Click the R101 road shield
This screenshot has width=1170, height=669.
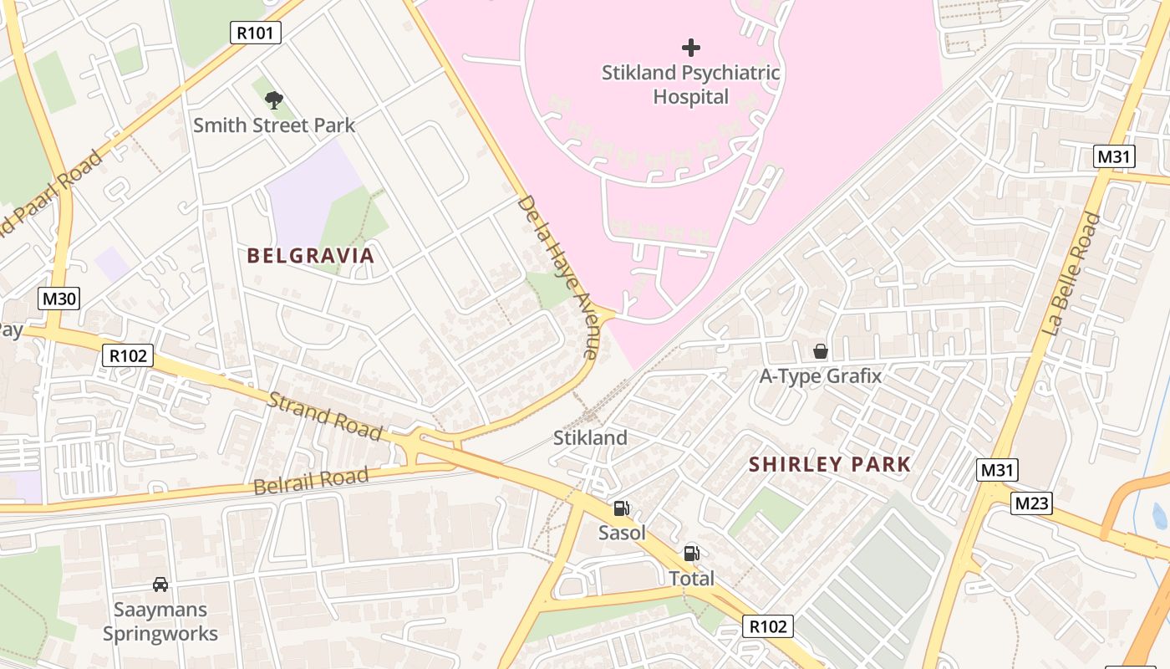tap(256, 33)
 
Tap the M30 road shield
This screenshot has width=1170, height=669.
tap(58, 299)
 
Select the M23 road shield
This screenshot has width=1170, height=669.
tap(1031, 503)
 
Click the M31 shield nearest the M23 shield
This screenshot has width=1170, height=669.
tap(996, 470)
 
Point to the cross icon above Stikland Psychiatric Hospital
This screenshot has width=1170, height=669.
tap(691, 48)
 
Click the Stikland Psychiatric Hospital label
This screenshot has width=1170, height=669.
tap(691, 84)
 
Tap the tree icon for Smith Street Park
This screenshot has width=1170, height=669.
tap(273, 101)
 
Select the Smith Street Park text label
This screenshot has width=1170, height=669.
tap(274, 125)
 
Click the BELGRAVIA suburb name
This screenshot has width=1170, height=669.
tap(311, 256)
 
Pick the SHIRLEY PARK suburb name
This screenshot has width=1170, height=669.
tap(830, 464)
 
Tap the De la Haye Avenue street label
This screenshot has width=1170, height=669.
tap(557, 277)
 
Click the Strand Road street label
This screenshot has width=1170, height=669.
tap(325, 416)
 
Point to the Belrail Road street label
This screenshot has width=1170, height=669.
tap(310, 482)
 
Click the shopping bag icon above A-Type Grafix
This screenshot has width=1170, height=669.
tap(821, 351)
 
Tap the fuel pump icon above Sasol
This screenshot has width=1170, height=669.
tap(622, 508)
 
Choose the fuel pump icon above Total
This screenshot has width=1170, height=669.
tap(691, 553)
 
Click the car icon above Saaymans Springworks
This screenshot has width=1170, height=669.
tap(160, 585)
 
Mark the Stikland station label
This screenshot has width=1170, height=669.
tap(590, 437)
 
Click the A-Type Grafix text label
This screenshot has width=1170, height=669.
tap(821, 376)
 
